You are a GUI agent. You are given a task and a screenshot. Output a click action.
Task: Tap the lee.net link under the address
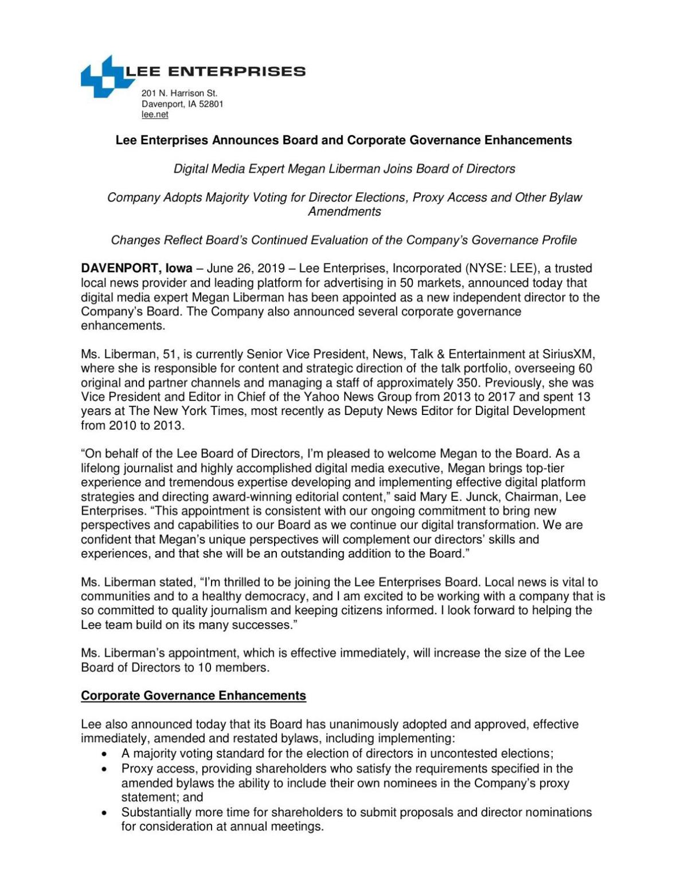pyautogui.click(x=155, y=115)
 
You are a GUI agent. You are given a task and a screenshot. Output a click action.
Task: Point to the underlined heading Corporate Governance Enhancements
pyautogui.click(x=193, y=696)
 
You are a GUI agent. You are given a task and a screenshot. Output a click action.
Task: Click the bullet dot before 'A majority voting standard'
pyautogui.click(x=104, y=754)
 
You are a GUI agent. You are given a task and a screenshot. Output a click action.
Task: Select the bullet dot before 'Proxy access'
pyautogui.click(x=104, y=769)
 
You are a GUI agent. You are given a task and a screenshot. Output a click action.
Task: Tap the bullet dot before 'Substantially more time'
pyautogui.click(x=104, y=813)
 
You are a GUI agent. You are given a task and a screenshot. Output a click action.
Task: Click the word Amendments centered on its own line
pyautogui.click(x=344, y=212)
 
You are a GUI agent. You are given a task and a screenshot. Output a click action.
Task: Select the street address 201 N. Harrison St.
pyautogui.click(x=179, y=93)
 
